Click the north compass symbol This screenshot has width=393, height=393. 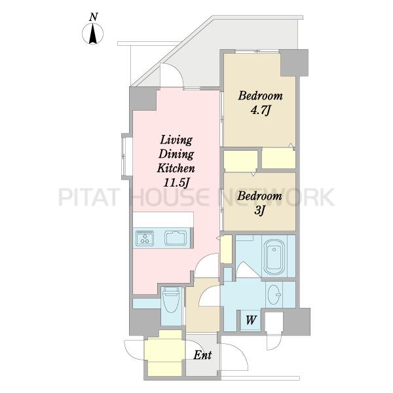(x=93, y=33)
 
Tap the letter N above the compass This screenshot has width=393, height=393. (x=93, y=17)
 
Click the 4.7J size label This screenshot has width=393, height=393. (x=261, y=111)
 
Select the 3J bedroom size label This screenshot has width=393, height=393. (x=259, y=211)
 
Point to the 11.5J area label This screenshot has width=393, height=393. (x=176, y=183)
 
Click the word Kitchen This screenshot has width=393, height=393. (x=176, y=168)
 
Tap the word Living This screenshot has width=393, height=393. (x=176, y=140)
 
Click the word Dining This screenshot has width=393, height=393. (x=176, y=154)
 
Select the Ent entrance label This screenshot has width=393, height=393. (x=202, y=355)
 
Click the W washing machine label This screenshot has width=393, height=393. (x=251, y=320)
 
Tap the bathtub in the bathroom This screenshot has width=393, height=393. (x=274, y=257)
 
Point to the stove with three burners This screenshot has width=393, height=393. (x=145, y=238)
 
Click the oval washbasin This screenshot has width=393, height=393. (x=274, y=295)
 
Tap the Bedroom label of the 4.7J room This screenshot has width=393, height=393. (x=261, y=96)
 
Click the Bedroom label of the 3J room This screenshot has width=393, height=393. (x=259, y=196)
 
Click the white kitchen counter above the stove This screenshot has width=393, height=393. (x=163, y=220)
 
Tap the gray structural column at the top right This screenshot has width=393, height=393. (x=294, y=63)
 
